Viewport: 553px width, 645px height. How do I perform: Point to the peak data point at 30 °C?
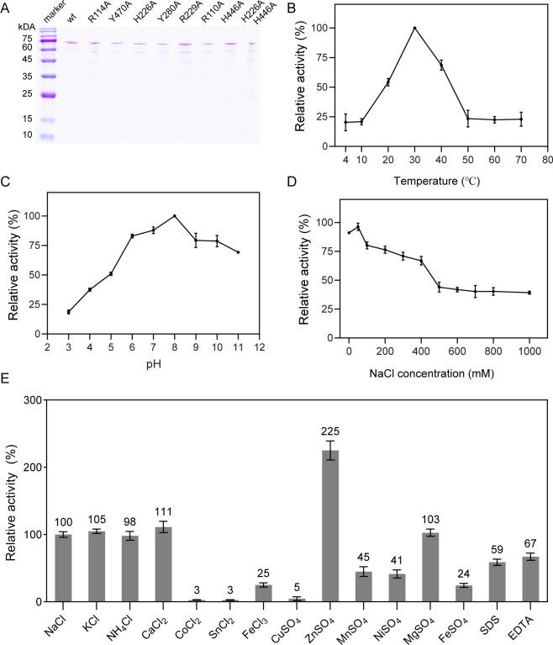click(414, 28)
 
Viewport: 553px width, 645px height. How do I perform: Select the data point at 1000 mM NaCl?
click(529, 293)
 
